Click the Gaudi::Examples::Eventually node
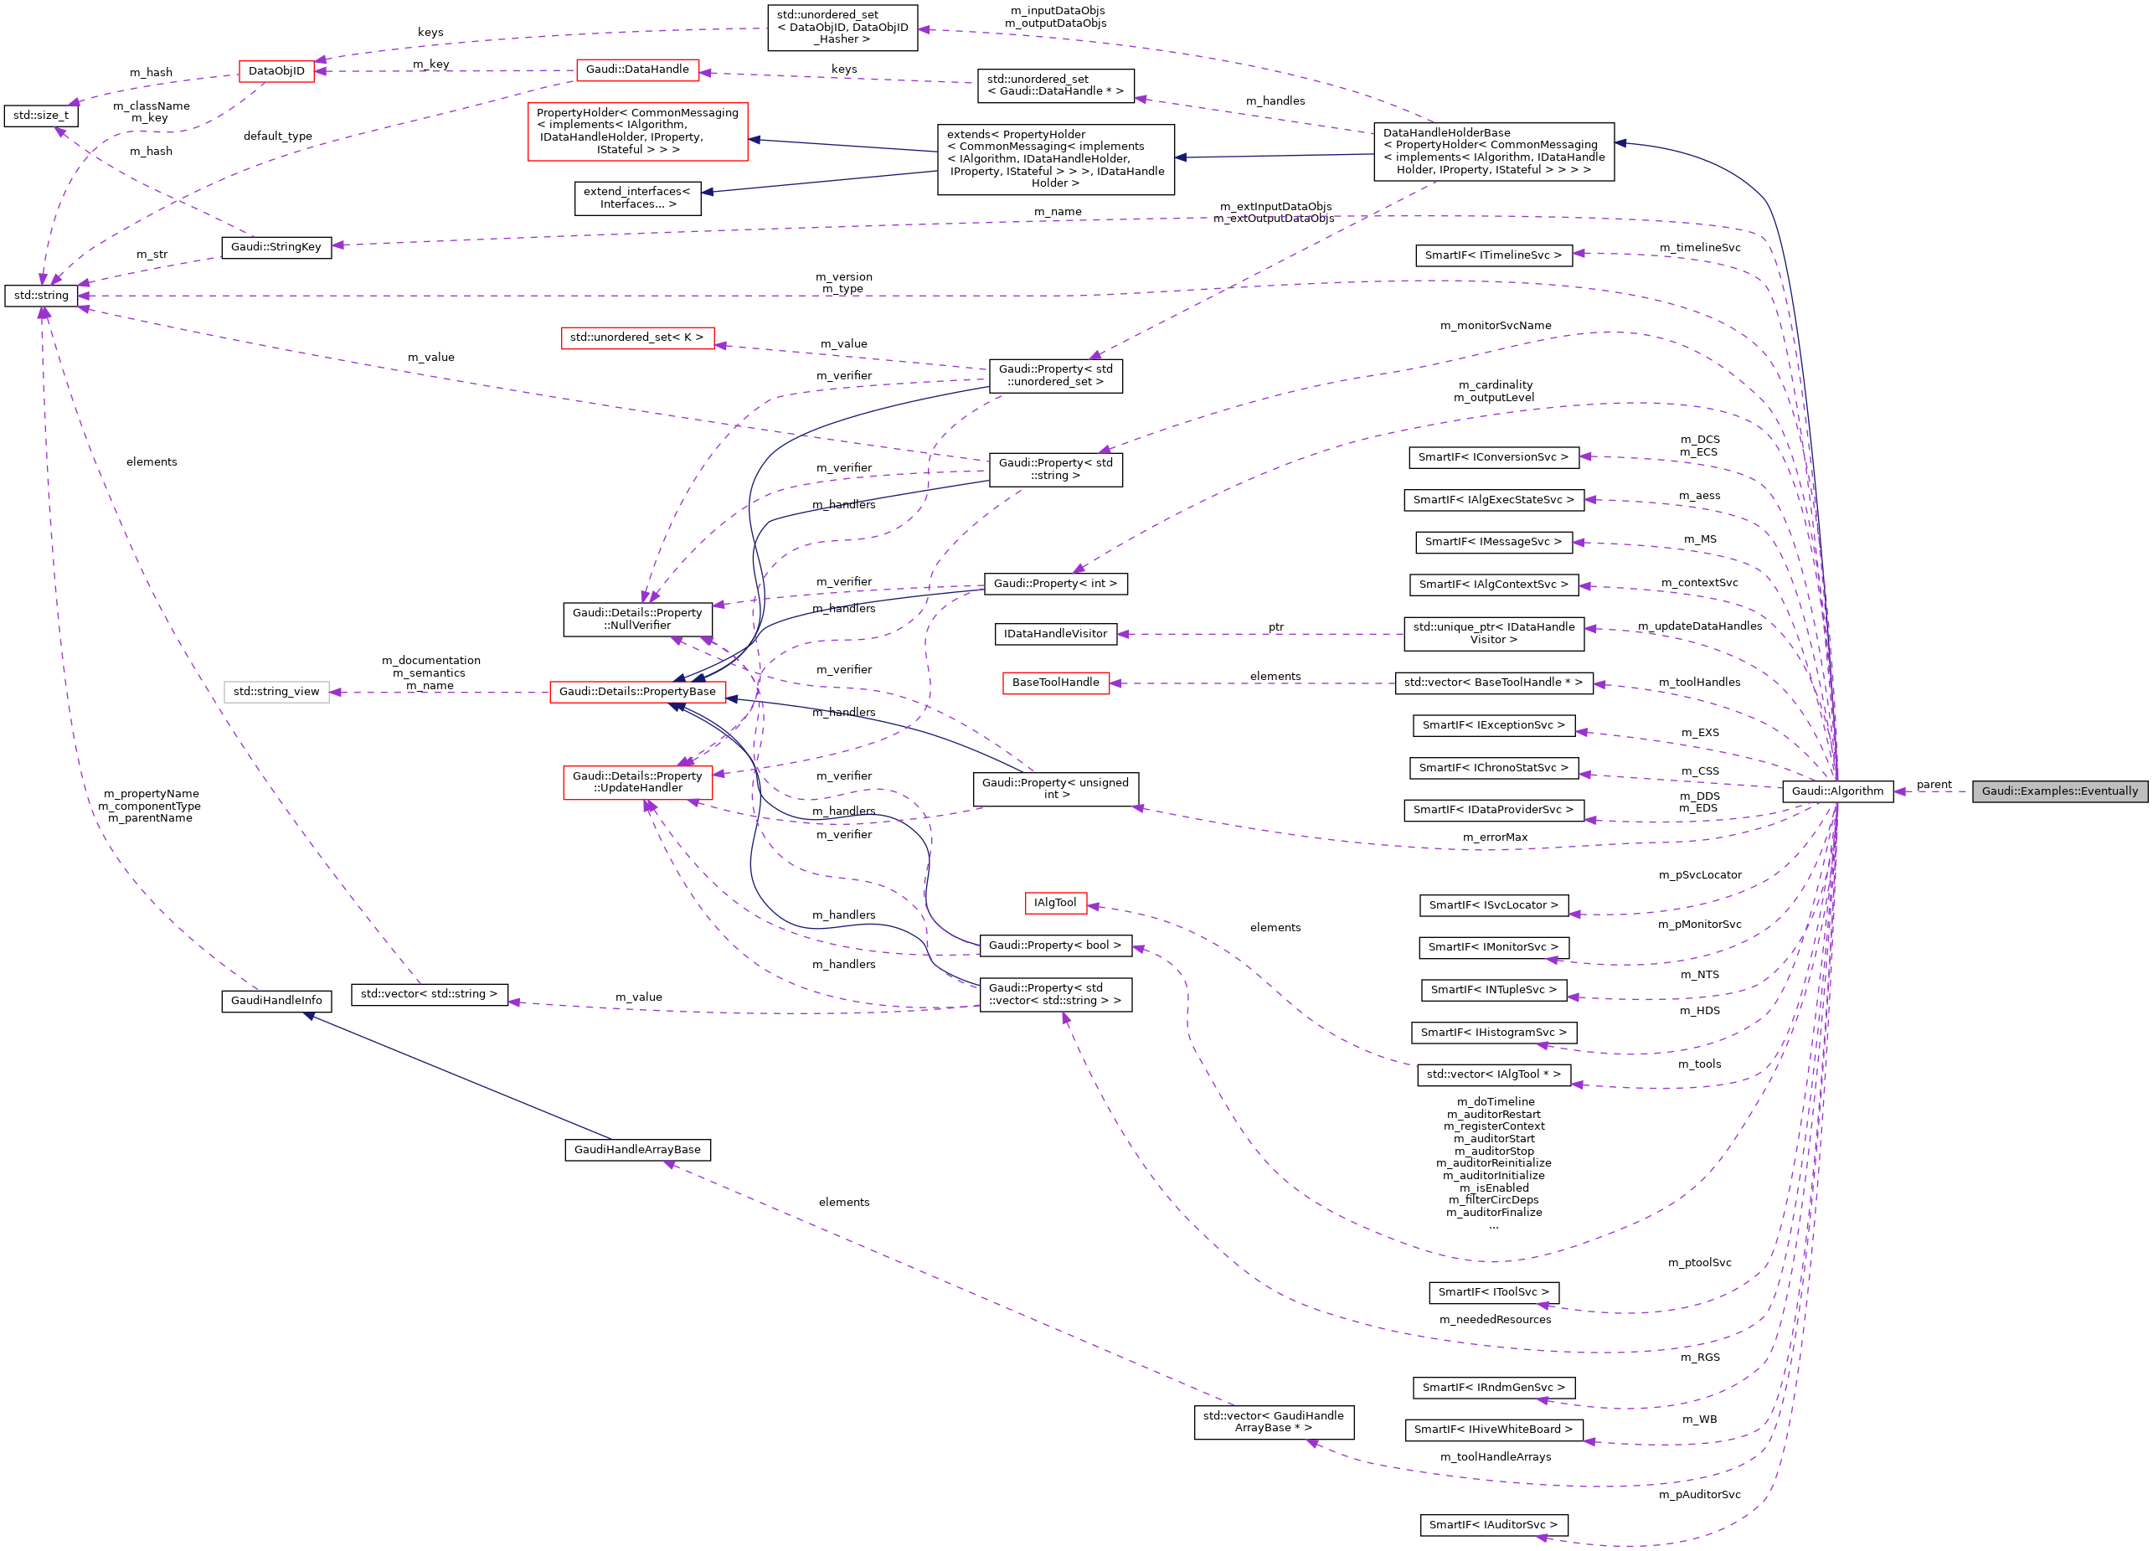coord(2059,791)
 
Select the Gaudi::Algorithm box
coord(1837,791)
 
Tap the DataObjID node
coord(276,71)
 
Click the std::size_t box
coord(41,116)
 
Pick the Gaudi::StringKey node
coord(276,247)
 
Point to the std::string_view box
coord(276,692)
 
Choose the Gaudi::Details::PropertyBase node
coord(637,692)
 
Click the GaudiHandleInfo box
coord(276,1001)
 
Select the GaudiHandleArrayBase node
coord(637,1150)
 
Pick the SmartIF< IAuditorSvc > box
coord(1492,1524)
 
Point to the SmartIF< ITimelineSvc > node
coord(1492,255)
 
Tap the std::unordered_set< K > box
coord(636,338)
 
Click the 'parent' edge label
coord(1934,784)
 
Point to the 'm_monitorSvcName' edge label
coord(1495,326)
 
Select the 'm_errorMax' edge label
coord(1495,837)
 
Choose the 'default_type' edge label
coord(277,137)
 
